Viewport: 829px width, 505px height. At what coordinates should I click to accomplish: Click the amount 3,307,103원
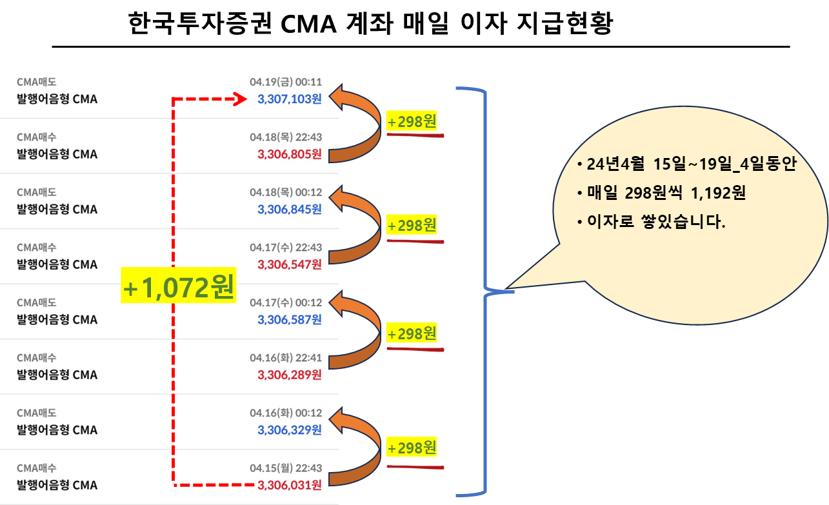click(289, 99)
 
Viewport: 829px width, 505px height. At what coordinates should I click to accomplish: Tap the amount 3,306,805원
click(289, 154)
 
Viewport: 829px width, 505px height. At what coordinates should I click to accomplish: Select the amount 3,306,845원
click(289, 209)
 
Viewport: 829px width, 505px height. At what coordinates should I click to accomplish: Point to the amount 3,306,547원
click(289, 264)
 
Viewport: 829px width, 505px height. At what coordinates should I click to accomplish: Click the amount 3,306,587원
click(289, 319)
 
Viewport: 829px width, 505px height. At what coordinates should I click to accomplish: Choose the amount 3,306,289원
click(289, 375)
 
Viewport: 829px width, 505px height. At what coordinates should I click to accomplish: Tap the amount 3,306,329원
click(289, 430)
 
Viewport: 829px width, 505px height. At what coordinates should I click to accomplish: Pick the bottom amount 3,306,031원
click(289, 485)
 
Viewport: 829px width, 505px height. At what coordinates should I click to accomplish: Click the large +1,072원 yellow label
click(179, 288)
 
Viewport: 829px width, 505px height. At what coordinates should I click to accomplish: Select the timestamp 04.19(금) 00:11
click(285, 82)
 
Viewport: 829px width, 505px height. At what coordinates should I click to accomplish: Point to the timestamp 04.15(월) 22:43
click(285, 468)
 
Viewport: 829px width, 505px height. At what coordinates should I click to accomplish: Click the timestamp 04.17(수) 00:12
click(285, 302)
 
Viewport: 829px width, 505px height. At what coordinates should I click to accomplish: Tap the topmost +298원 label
click(412, 121)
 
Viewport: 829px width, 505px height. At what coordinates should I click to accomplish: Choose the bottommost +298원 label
click(412, 446)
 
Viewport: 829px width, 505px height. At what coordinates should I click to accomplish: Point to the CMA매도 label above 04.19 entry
click(37, 82)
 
